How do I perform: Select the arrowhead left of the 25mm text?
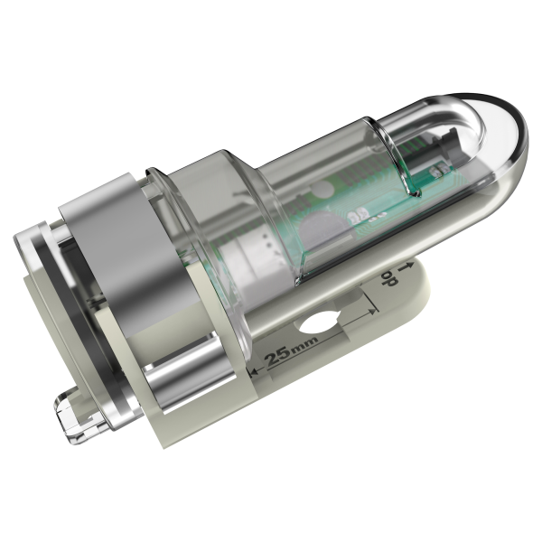[x=254, y=371]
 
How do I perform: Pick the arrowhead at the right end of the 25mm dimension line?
[x=372, y=311]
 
